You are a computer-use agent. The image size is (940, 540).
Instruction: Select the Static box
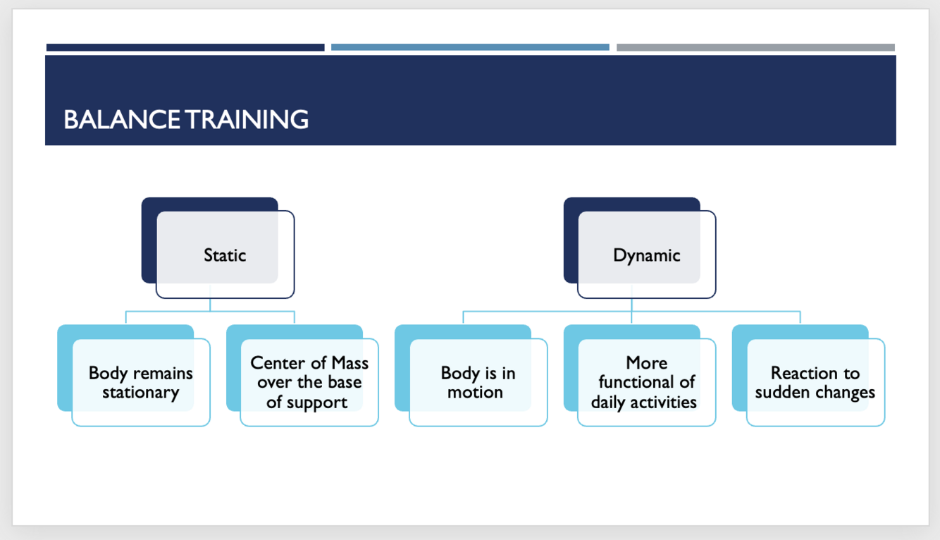pyautogui.click(x=225, y=254)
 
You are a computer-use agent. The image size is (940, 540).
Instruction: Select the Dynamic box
pyautogui.click(x=646, y=254)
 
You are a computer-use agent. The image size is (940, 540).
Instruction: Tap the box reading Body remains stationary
pyautogui.click(x=141, y=382)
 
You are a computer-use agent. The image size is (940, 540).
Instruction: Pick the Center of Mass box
pyautogui.click(x=309, y=382)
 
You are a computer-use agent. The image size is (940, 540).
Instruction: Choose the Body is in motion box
pyautogui.click(x=478, y=382)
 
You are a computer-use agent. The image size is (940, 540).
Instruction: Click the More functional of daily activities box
pyautogui.click(x=646, y=382)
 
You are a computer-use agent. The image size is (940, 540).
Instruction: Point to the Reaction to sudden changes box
pyautogui.click(x=815, y=382)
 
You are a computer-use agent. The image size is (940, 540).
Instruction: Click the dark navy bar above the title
pyautogui.click(x=185, y=48)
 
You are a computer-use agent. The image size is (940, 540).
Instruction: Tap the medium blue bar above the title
pyautogui.click(x=470, y=48)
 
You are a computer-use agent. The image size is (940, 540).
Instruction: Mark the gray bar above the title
pyautogui.click(x=755, y=48)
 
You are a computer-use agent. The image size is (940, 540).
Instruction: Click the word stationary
pyautogui.click(x=141, y=393)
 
